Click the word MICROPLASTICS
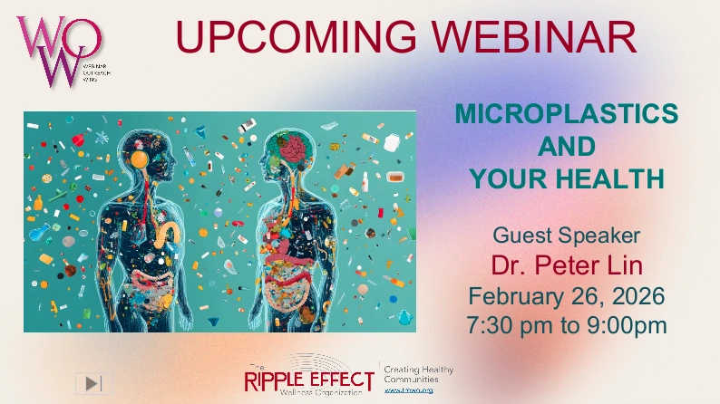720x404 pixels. pos(566,114)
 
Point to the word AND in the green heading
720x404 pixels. pos(566,147)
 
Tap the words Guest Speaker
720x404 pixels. pos(566,236)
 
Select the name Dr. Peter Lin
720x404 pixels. pos(566,265)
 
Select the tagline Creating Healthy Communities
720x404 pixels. pos(418,375)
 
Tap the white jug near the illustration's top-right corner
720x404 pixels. pos(391,142)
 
